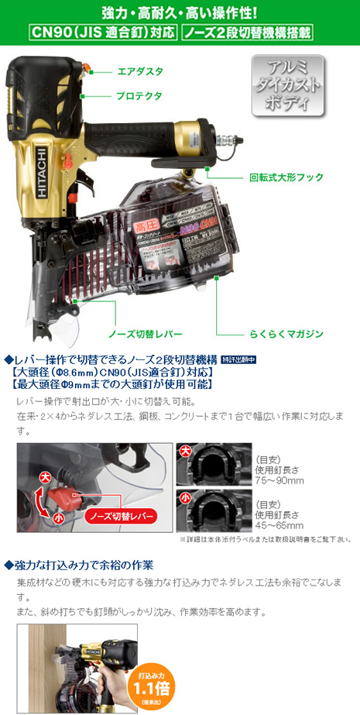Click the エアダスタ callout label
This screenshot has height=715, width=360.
tap(139, 70)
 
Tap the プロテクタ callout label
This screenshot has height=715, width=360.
tap(139, 95)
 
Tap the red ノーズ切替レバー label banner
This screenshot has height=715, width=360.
tap(123, 515)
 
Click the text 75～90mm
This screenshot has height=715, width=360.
tap(279, 481)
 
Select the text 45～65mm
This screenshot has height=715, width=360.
tap(279, 525)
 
